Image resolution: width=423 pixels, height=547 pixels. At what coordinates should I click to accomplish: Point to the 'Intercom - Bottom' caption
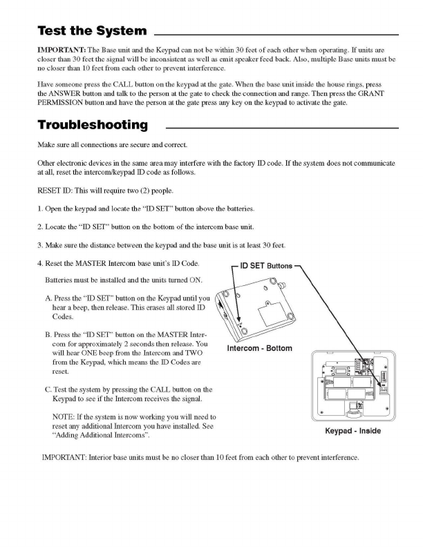[258, 347]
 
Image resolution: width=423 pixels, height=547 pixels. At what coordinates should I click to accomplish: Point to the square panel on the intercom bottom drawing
[273, 317]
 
